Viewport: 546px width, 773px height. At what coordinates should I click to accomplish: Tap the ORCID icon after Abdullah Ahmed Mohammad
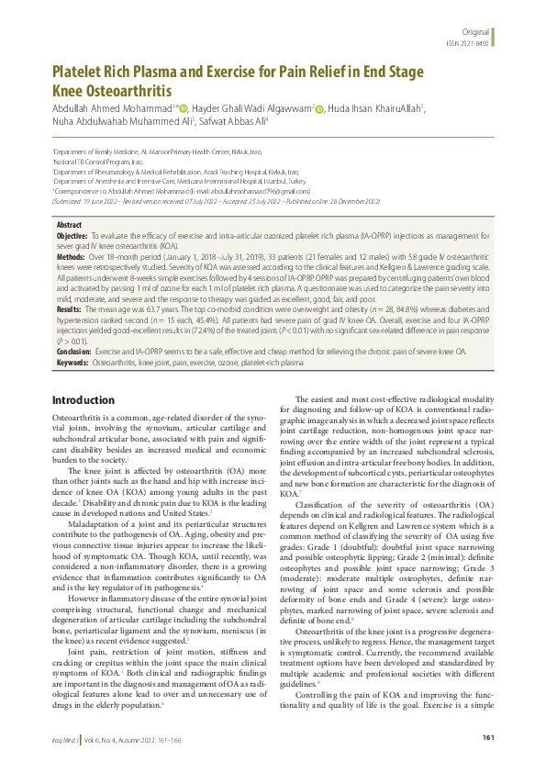(184, 109)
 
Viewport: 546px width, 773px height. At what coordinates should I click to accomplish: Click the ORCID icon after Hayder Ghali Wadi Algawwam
(318, 109)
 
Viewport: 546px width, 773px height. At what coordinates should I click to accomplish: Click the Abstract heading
(70, 225)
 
